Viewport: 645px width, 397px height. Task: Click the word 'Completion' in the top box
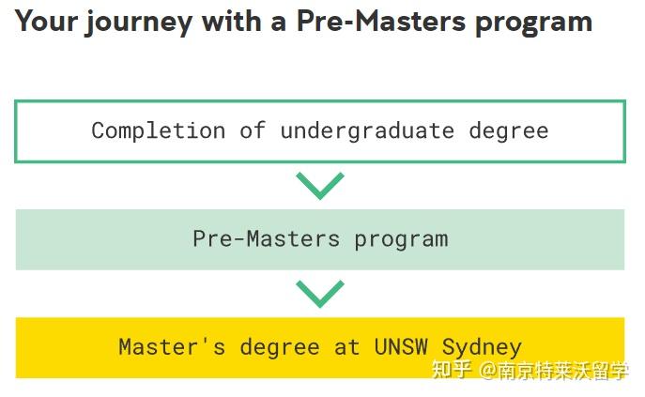pos(158,130)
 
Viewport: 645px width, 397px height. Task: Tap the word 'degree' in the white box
pos(509,130)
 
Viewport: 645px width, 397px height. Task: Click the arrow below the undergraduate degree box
pos(320,185)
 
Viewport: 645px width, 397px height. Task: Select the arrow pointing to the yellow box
pos(320,294)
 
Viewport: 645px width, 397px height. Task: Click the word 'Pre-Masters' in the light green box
pos(267,238)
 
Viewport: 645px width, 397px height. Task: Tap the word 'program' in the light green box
pos(401,238)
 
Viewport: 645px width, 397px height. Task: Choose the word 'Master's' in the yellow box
pos(172,346)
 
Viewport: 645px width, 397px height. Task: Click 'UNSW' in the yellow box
pos(401,346)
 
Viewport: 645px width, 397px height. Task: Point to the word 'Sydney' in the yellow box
pos(481,346)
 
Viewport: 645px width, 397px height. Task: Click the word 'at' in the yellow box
pos(346,346)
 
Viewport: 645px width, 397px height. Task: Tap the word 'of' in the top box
pos(253,130)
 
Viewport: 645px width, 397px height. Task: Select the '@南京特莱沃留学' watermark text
pos(554,371)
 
